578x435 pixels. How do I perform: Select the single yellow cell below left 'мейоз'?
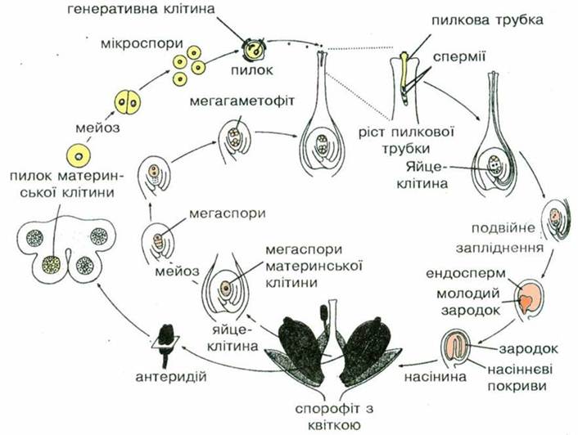[79, 154]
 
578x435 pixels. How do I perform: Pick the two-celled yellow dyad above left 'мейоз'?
[125, 104]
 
